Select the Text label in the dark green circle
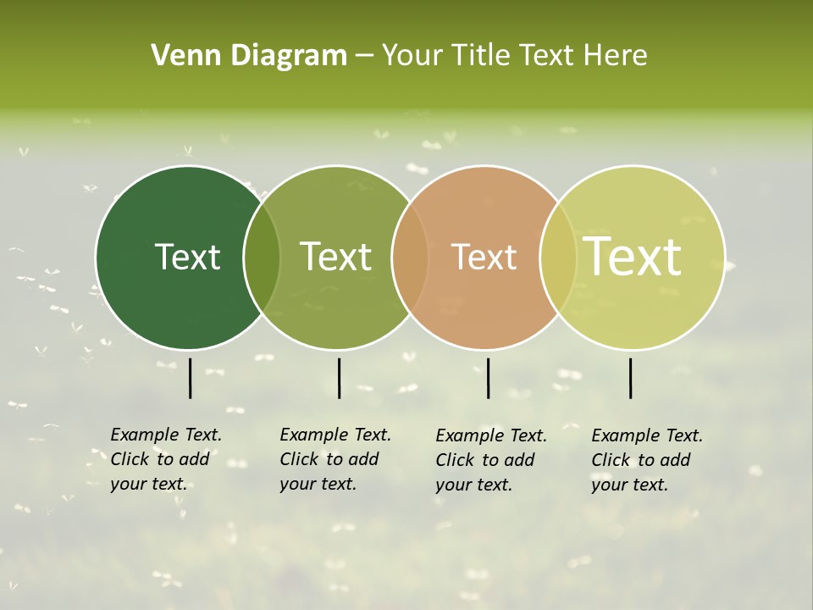pyautogui.click(x=187, y=257)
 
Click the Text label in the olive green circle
pyautogui.click(x=335, y=257)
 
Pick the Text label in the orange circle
pyautogui.click(x=484, y=257)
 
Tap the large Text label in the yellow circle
pyautogui.click(x=632, y=256)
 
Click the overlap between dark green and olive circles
pyautogui.click(x=262, y=258)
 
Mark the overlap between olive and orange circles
pyautogui.click(x=410, y=258)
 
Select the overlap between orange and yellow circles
pyautogui.click(x=557, y=258)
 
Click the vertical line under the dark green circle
pyautogui.click(x=190, y=378)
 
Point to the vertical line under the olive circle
pyautogui.click(x=339, y=378)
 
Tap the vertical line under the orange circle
pyautogui.click(x=488, y=378)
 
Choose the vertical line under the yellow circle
pyautogui.click(x=630, y=378)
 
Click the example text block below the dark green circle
pyautogui.click(x=166, y=459)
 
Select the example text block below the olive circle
pyautogui.click(x=335, y=459)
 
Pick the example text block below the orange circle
pyautogui.click(x=491, y=460)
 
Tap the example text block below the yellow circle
pyautogui.click(x=647, y=460)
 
